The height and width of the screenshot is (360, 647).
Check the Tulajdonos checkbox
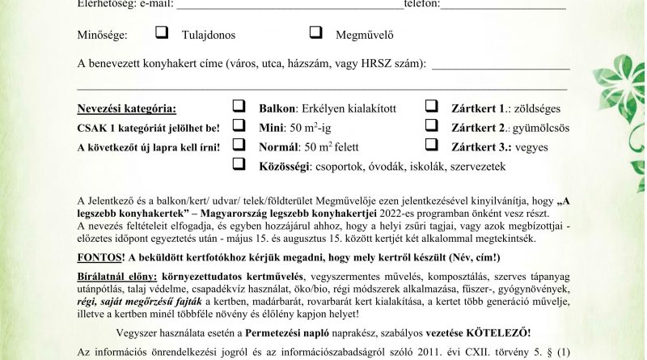pyautogui.click(x=162, y=33)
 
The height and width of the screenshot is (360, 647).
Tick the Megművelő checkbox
pyautogui.click(x=317, y=33)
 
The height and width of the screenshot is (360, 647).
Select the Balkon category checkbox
pyautogui.click(x=239, y=106)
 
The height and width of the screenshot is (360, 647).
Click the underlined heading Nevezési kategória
pyautogui.click(x=125, y=108)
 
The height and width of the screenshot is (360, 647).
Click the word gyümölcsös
pyautogui.click(x=547, y=128)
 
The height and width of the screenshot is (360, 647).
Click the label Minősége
pyautogui.click(x=104, y=36)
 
